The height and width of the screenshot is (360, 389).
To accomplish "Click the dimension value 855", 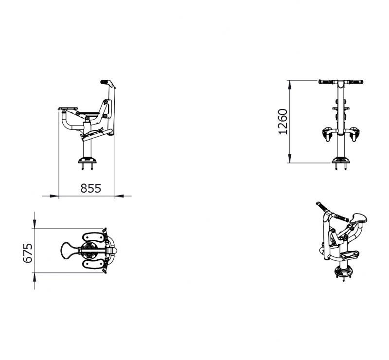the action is (91, 188).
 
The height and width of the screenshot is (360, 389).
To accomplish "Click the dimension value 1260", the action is (283, 122).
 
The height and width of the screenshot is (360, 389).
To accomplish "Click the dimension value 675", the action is (28, 253).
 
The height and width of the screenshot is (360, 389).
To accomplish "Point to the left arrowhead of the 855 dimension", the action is (54, 196).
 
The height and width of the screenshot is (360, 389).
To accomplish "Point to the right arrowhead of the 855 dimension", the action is (119, 196).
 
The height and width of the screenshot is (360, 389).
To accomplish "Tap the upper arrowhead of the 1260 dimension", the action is (289, 85).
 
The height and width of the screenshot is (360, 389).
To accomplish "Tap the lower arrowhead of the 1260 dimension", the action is (289, 159).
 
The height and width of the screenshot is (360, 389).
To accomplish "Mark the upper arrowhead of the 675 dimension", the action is (35, 224).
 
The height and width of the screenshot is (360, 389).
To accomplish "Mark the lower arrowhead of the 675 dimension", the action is (35, 277).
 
